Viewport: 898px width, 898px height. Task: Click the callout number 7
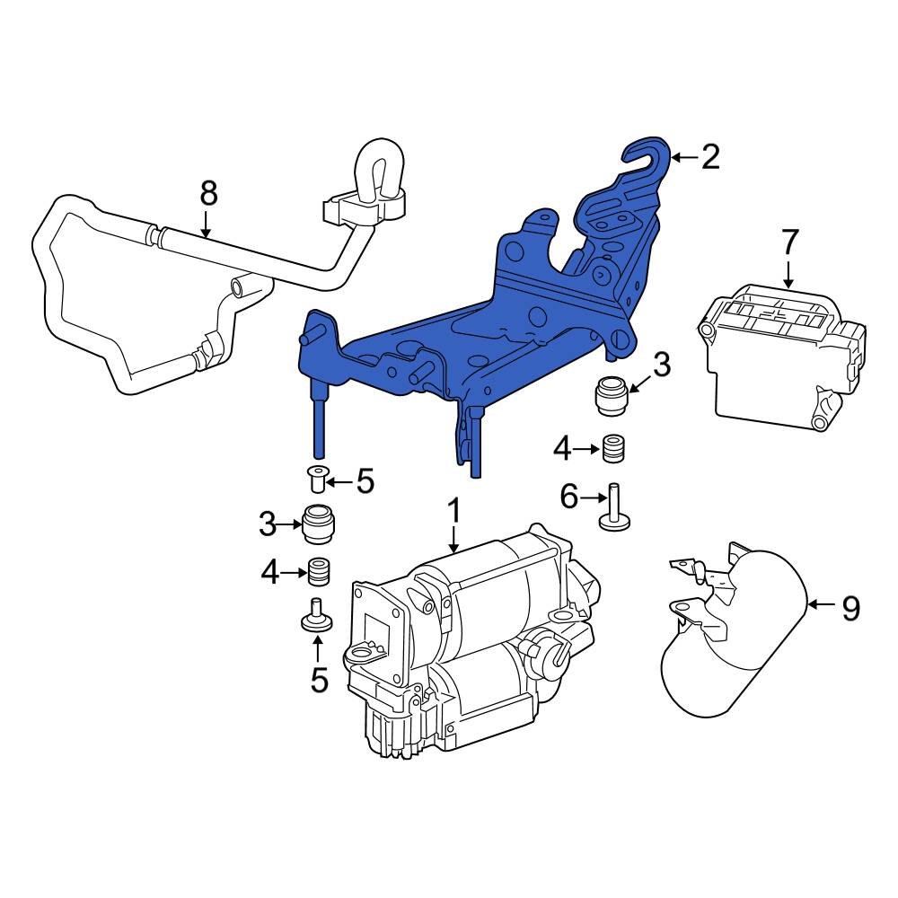(x=788, y=242)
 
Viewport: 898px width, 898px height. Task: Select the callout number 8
(x=207, y=192)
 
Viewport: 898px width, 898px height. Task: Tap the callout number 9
(x=850, y=609)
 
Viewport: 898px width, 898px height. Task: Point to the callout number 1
(x=454, y=513)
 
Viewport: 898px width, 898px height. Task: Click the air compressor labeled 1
(x=467, y=647)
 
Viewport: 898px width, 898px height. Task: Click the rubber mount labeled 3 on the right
(x=611, y=397)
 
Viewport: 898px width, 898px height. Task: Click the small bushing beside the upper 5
(x=316, y=479)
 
